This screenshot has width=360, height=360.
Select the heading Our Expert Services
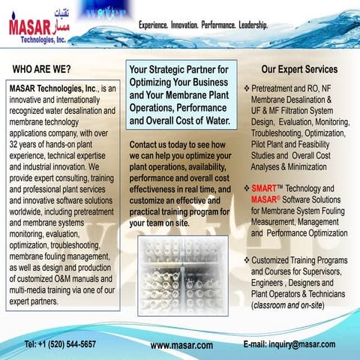[x=299, y=70]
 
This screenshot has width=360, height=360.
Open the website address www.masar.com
[x=181, y=345]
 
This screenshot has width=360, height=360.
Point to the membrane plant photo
[x=182, y=275]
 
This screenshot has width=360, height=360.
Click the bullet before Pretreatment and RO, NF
[x=247, y=88]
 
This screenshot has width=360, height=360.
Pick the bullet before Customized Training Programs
[x=247, y=259]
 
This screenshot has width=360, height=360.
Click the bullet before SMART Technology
[x=247, y=188]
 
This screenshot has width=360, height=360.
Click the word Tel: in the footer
[x=31, y=343]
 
